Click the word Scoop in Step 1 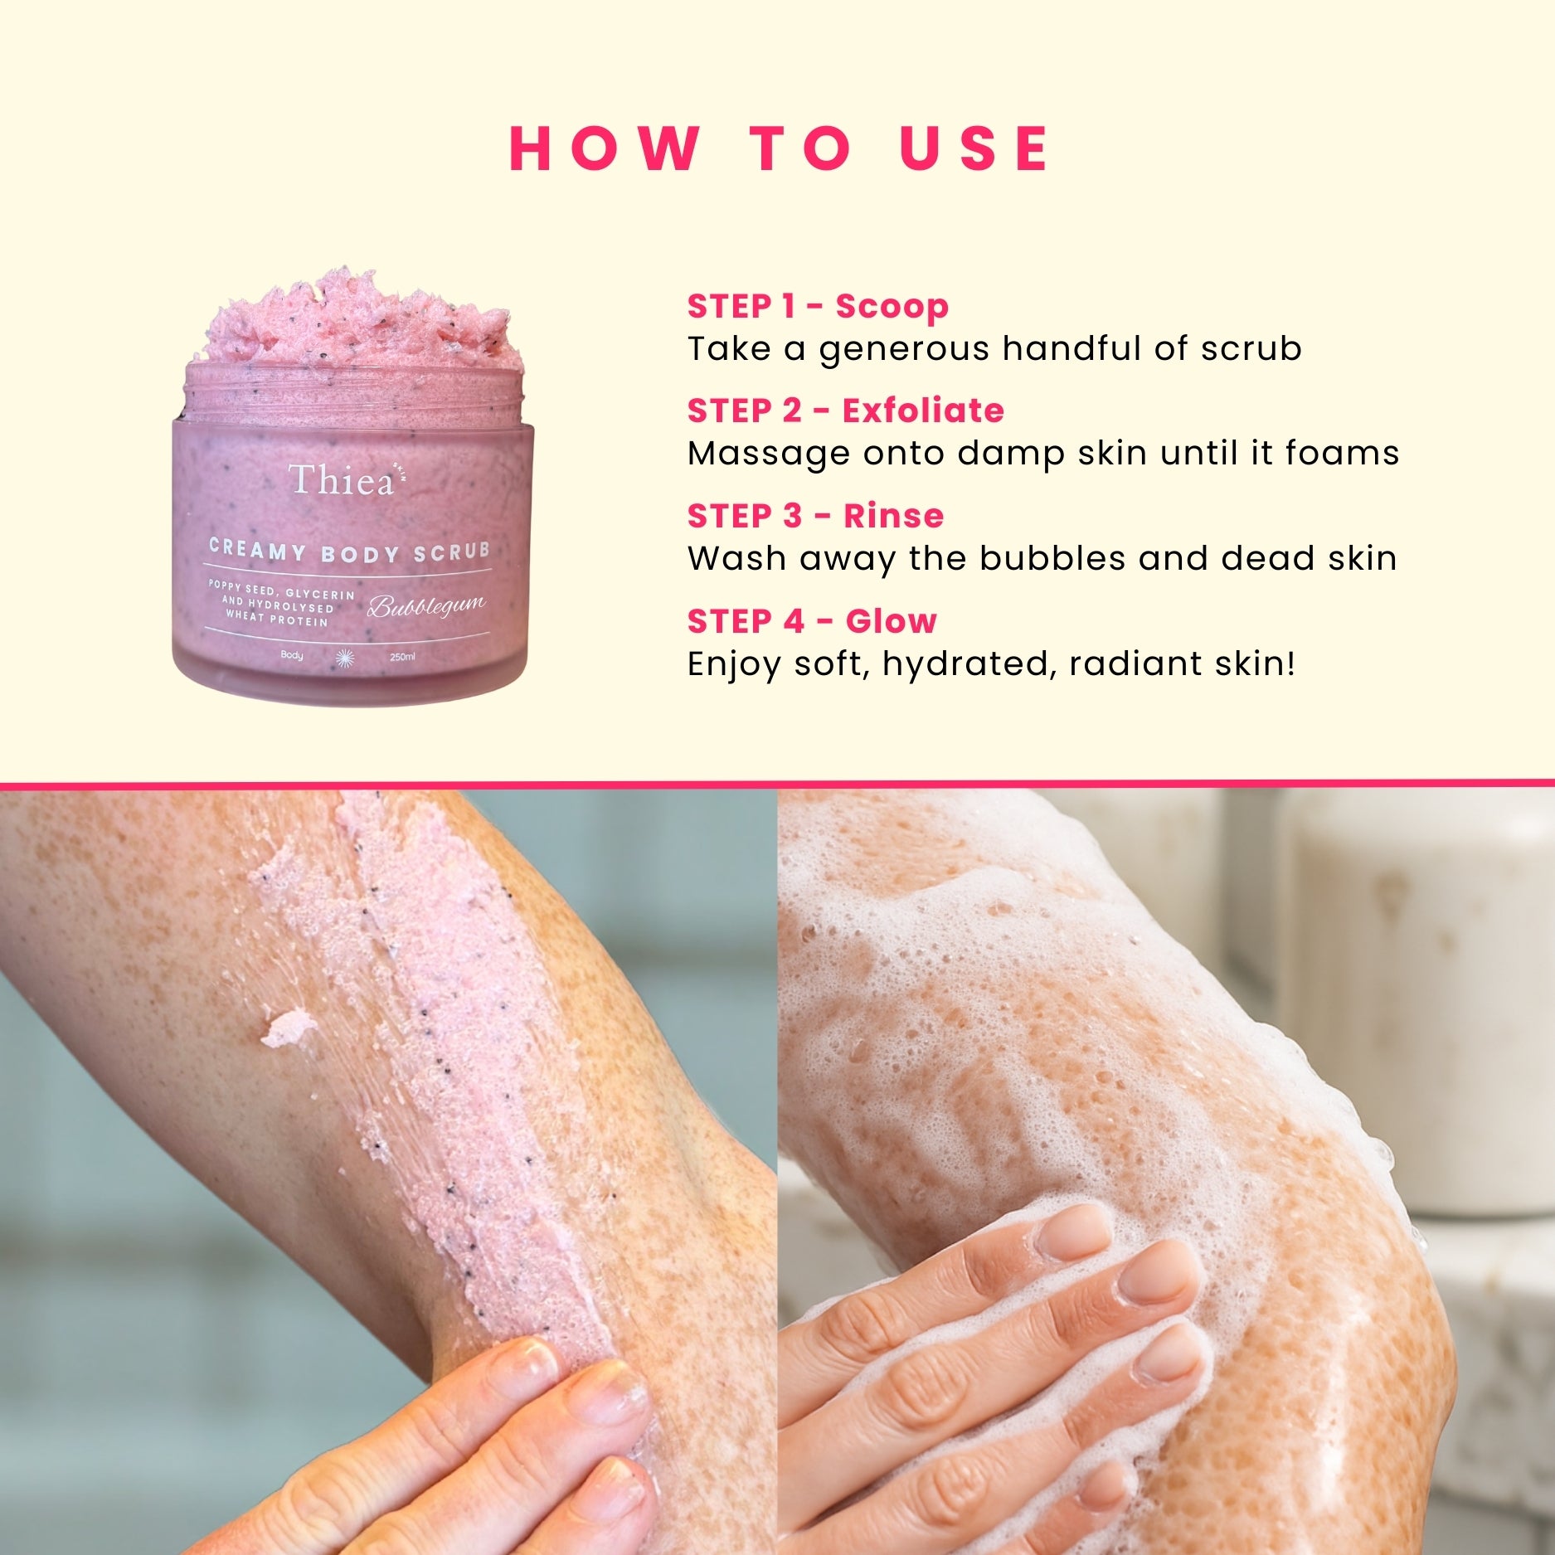[892, 307]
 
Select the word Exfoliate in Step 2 [923, 411]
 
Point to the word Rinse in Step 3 [894, 516]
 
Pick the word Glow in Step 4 [891, 620]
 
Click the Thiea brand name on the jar [341, 480]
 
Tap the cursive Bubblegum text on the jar [426, 606]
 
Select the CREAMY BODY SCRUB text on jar [349, 551]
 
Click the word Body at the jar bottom [292, 655]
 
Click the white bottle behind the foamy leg [1414, 995]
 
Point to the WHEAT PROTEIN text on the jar [277, 619]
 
